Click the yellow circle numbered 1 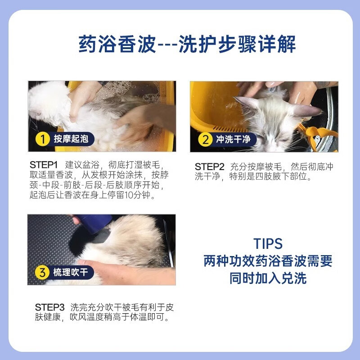(x=43, y=139)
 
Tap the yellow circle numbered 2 (x=205, y=139)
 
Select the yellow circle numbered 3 (x=42, y=273)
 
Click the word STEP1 (x=43, y=165)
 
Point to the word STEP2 (x=209, y=166)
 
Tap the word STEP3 (x=49, y=307)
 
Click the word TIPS (x=268, y=243)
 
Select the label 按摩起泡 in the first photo (x=71, y=139)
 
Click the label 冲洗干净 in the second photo (x=233, y=139)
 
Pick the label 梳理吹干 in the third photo (x=71, y=272)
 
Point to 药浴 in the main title (x=98, y=44)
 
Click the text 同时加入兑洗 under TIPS (x=268, y=278)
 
